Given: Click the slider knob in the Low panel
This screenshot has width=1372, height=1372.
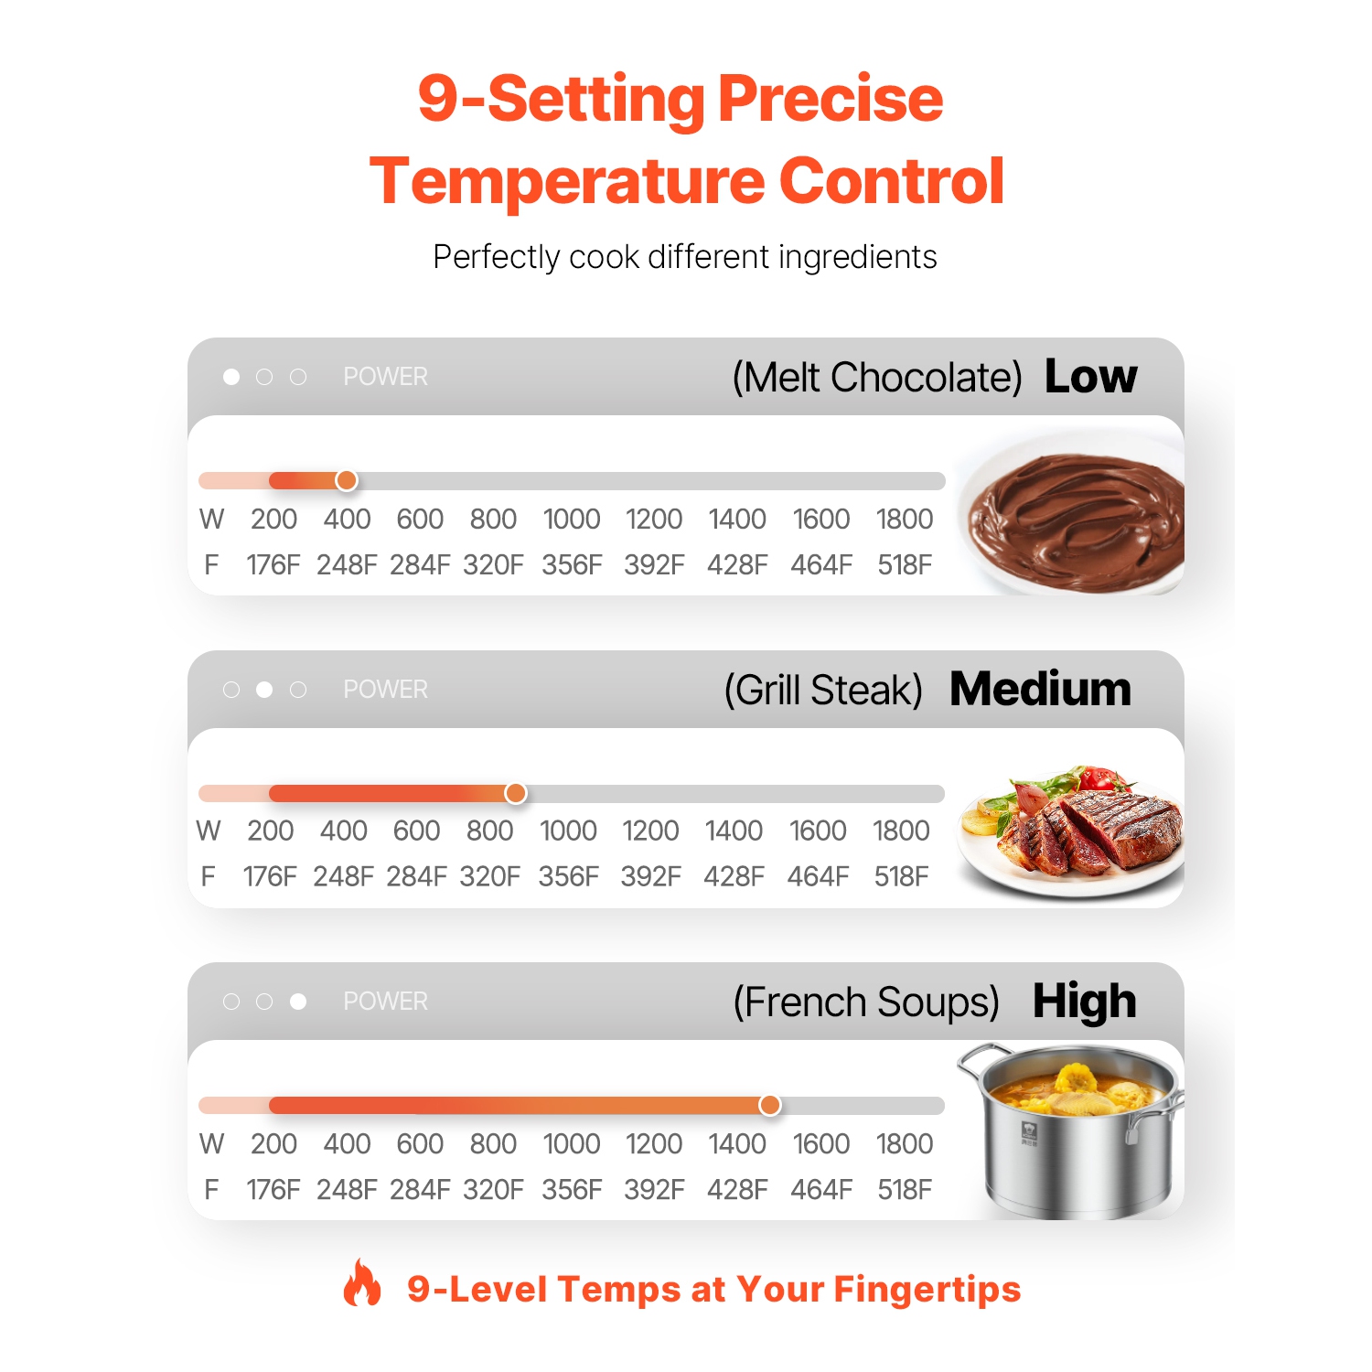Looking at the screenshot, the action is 347,480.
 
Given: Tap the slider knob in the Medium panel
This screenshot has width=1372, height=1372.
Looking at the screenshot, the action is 516,793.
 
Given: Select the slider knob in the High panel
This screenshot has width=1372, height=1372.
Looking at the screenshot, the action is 770,1105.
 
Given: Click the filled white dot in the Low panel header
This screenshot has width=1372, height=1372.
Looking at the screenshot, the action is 231,377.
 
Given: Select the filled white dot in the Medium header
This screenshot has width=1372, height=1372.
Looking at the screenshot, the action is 264,690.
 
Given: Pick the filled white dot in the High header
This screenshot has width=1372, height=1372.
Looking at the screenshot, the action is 298,1002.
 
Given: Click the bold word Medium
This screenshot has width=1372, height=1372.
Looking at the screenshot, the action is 1041,689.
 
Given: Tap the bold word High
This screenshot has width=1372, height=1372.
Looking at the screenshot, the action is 1085,1002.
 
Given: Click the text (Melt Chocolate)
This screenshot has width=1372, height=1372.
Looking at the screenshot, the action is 877,377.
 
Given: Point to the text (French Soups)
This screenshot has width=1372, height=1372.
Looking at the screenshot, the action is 866,1002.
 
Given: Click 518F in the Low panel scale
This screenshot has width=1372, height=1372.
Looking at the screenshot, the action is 905,564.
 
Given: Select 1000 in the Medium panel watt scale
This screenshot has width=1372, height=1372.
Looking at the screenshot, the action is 568,831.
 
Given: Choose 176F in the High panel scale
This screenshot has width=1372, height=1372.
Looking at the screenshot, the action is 273,1189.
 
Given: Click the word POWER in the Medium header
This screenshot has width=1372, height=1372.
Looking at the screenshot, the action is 385,690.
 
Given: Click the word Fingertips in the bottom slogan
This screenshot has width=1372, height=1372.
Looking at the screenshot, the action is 927,1289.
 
